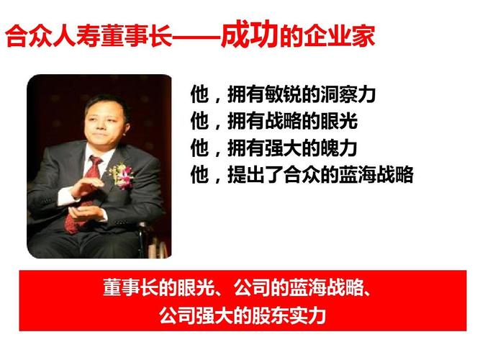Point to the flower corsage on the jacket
(122, 174)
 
